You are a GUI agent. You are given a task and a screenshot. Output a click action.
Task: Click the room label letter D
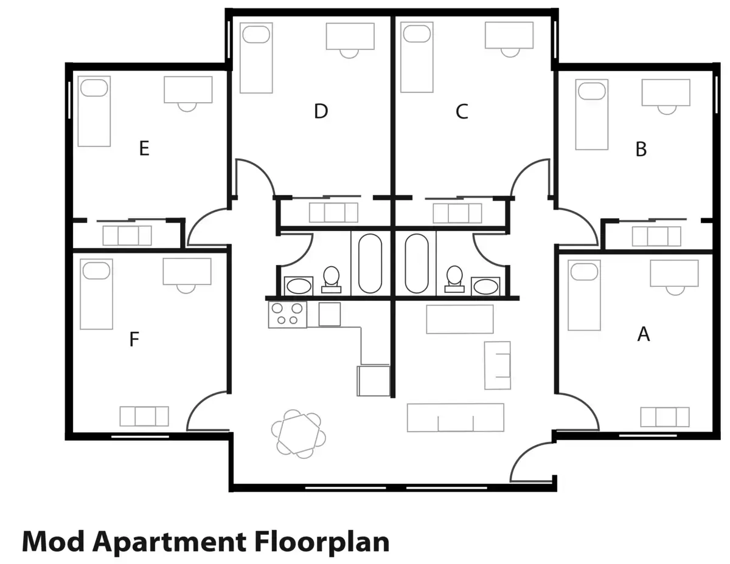coord(321,111)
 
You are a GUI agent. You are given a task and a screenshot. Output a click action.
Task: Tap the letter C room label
coord(462,112)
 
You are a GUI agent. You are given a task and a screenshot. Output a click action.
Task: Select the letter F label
coord(134,340)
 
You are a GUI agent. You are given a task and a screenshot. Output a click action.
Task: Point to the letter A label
coord(643,334)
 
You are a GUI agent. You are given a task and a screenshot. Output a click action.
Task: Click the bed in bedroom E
coord(94,111)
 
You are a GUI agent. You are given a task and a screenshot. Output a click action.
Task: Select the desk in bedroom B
coord(666,92)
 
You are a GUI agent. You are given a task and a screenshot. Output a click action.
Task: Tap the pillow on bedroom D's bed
coord(255,34)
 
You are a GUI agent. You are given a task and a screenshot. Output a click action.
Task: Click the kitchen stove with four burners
coord(287,315)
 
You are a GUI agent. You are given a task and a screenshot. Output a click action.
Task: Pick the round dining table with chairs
coord(297,433)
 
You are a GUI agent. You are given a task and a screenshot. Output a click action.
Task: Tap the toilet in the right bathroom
coord(454,278)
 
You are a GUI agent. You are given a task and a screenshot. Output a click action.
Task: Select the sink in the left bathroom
coord(298,286)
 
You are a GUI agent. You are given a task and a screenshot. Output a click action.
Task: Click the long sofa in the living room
coord(455,418)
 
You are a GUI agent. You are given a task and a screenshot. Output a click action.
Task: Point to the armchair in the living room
coord(497,365)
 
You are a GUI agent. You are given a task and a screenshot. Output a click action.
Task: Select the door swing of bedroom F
coord(207,410)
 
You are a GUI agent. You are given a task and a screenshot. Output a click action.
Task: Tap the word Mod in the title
coord(53,541)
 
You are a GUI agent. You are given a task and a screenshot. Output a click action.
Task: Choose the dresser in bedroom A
coord(664,417)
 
